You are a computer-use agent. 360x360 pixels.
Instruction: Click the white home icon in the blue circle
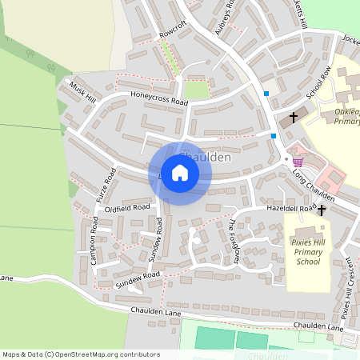pyautogui.click(x=180, y=173)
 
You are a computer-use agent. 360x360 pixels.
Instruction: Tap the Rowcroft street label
pyautogui.click(x=172, y=30)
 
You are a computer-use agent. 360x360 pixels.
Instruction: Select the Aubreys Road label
pyautogui.click(x=227, y=17)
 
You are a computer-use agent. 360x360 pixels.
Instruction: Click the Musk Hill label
pyautogui.click(x=82, y=92)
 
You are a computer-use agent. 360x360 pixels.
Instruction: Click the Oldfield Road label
pyautogui.click(x=127, y=206)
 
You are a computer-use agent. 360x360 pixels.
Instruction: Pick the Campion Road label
pyautogui.click(x=94, y=234)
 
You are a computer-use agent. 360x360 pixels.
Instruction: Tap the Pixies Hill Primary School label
pyautogui.click(x=308, y=250)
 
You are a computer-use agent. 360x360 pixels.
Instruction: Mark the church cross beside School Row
pyautogui.click(x=293, y=117)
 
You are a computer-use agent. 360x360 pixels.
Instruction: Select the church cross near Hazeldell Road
pyautogui.click(x=322, y=210)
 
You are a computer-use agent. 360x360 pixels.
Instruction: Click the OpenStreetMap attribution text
pyautogui.click(x=81, y=354)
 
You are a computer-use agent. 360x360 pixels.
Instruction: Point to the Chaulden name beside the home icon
pyautogui.click(x=206, y=157)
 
